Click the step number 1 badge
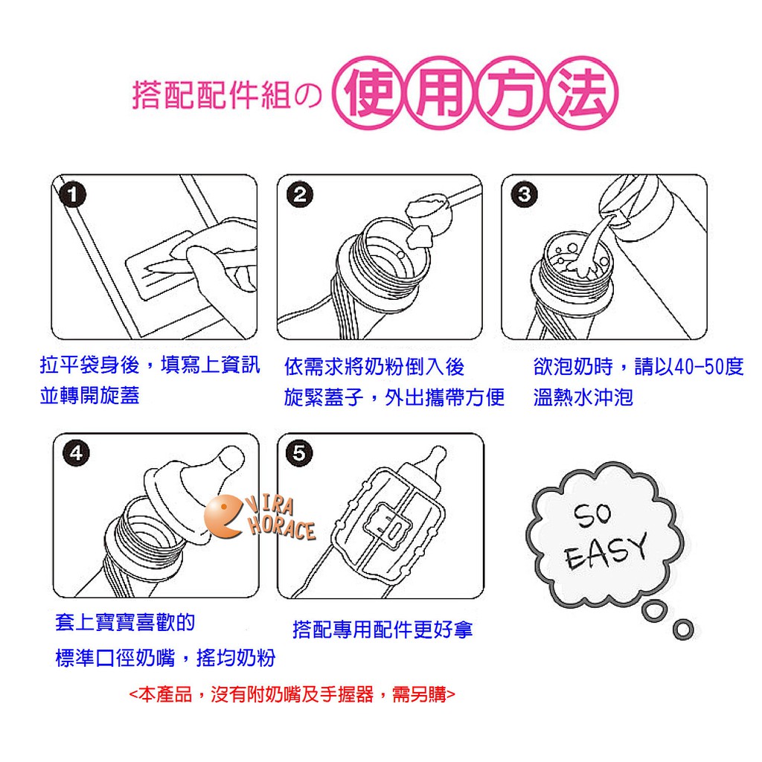click(72, 195)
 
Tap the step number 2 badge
click(300, 195)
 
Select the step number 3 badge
click(525, 194)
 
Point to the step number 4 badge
click(77, 453)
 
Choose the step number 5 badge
click(299, 453)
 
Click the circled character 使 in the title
click(368, 93)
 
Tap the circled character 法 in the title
click(582, 93)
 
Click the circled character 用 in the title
click(439, 93)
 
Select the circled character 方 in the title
click(510, 93)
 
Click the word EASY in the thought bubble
click(606, 552)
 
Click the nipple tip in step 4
click(231, 458)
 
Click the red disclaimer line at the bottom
click(292, 694)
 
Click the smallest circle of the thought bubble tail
click(683, 630)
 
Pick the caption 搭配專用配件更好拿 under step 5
click(382, 630)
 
